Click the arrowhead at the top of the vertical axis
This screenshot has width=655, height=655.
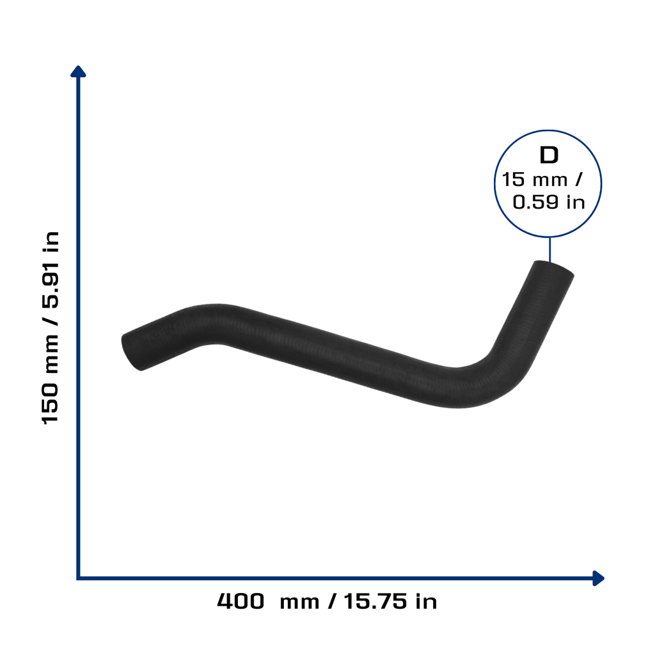click(x=78, y=72)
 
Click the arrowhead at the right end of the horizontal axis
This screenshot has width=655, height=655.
click(x=598, y=578)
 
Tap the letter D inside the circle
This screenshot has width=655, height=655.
click(x=549, y=155)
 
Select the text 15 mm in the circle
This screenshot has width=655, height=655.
click(x=534, y=180)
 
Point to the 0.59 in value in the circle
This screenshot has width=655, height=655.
click(x=548, y=203)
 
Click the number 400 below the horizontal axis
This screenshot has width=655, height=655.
click(x=241, y=601)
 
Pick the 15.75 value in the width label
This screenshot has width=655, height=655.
click(x=375, y=601)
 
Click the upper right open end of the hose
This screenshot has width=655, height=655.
click(x=554, y=267)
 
